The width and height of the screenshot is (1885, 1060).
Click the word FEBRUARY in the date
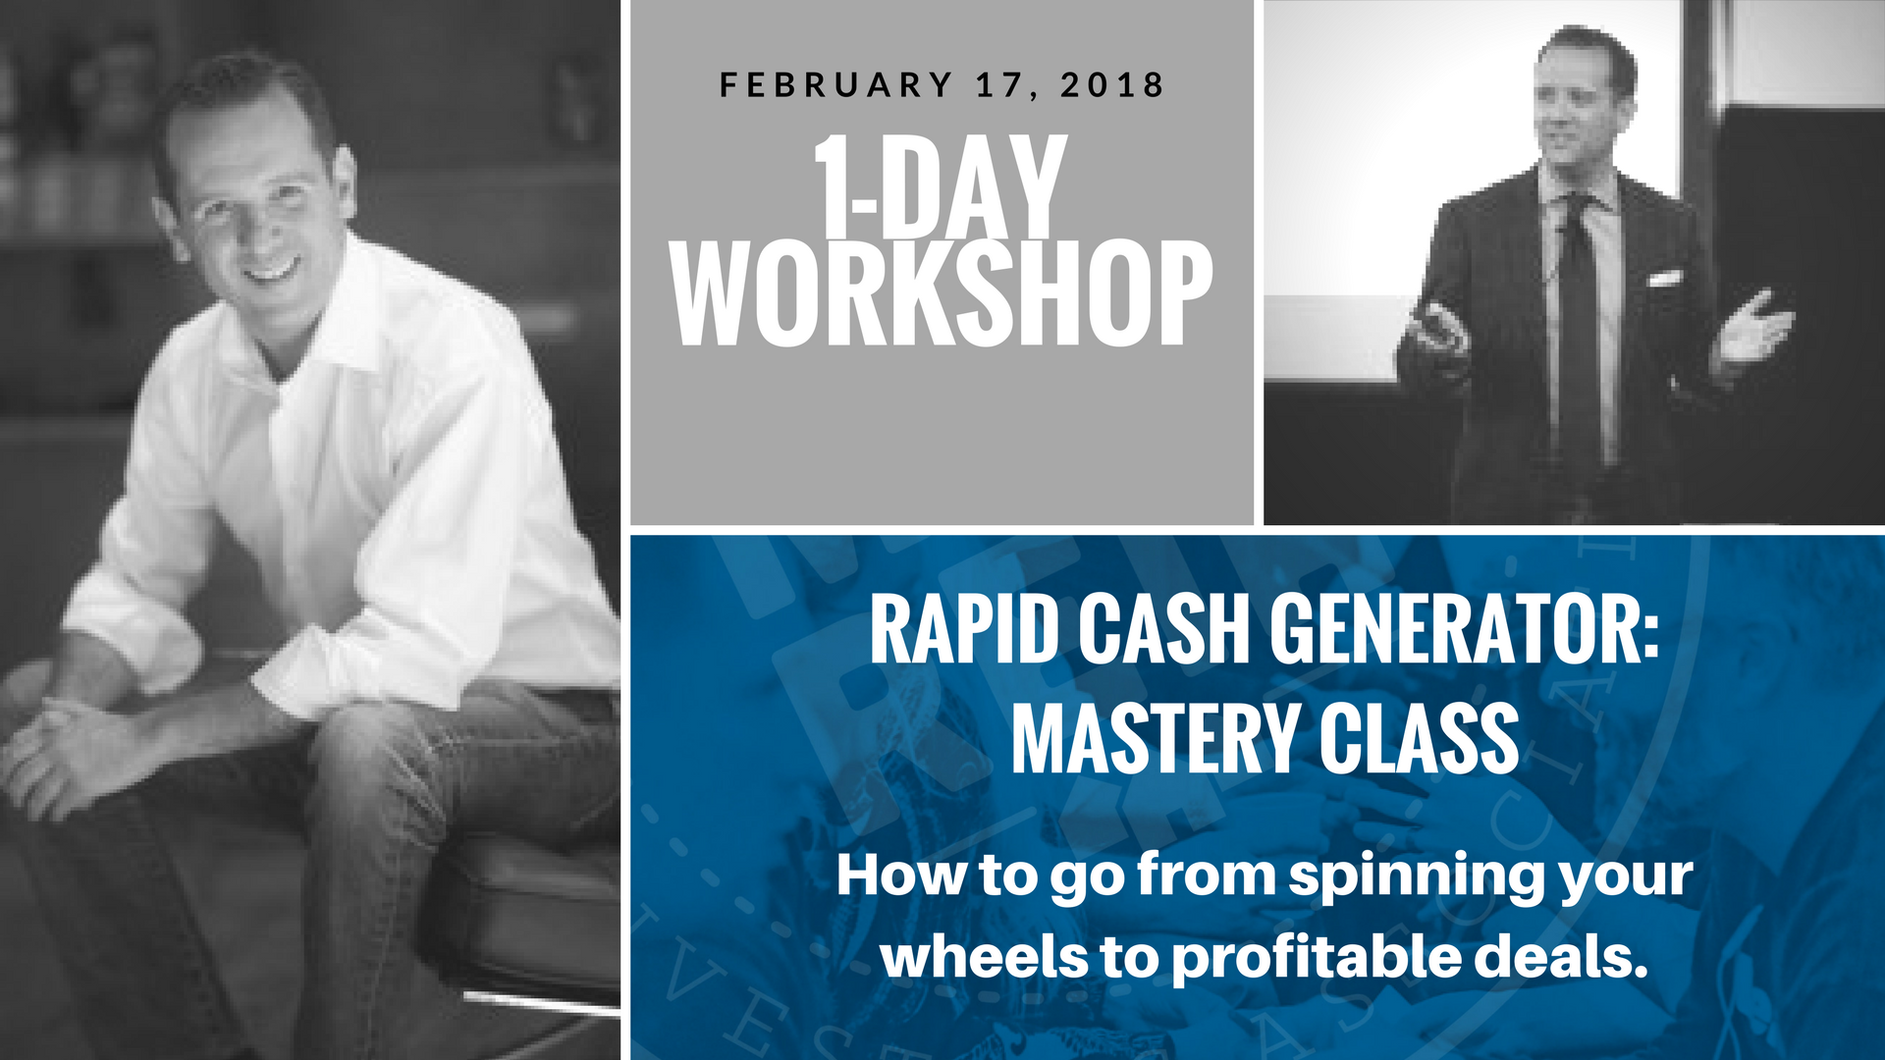pyautogui.click(x=835, y=85)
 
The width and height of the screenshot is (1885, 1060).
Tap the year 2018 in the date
pyautogui.click(x=1111, y=85)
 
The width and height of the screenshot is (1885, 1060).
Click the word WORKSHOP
pyautogui.click(x=942, y=293)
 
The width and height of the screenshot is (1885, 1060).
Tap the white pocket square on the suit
pyautogui.click(x=1665, y=278)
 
